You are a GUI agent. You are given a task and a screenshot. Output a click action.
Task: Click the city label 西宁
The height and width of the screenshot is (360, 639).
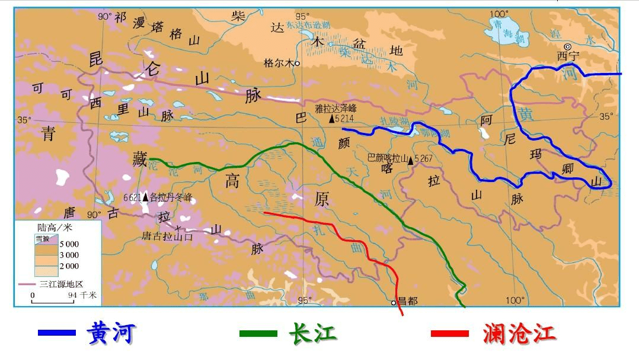[567, 56]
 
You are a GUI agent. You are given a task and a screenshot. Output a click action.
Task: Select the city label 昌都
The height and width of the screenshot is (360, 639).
[408, 301]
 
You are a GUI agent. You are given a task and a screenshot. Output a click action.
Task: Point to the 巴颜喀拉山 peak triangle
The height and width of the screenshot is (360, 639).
[410, 160]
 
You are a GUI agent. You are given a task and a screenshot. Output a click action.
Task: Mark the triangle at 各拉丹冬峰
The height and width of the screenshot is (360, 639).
[145, 197]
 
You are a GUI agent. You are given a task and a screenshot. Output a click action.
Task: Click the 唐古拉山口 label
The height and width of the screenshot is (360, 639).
[167, 235]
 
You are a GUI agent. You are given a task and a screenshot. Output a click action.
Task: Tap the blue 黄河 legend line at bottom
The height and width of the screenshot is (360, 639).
[56, 333]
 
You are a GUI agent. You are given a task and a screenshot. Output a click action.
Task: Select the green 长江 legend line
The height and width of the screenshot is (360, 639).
[258, 333]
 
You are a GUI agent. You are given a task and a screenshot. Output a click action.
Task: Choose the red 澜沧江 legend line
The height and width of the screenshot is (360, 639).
[450, 333]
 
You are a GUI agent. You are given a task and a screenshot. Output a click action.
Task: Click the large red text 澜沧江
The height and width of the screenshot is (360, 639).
[519, 333]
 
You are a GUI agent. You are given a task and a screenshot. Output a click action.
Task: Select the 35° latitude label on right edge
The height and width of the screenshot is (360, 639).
[606, 116]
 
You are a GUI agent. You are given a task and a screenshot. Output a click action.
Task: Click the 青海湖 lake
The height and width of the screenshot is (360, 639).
[504, 31]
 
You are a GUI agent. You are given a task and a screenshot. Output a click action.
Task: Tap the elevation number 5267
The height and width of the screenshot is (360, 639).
[425, 159]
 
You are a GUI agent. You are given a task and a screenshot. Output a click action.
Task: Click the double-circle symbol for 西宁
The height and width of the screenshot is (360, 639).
[567, 46]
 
